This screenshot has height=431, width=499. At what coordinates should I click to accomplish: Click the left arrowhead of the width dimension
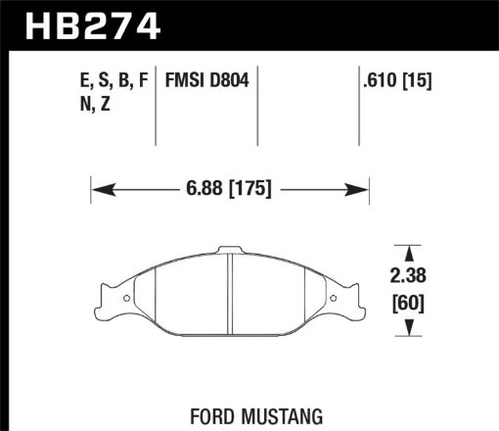[97, 186]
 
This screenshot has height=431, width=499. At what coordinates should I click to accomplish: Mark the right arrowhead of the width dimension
[363, 186]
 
